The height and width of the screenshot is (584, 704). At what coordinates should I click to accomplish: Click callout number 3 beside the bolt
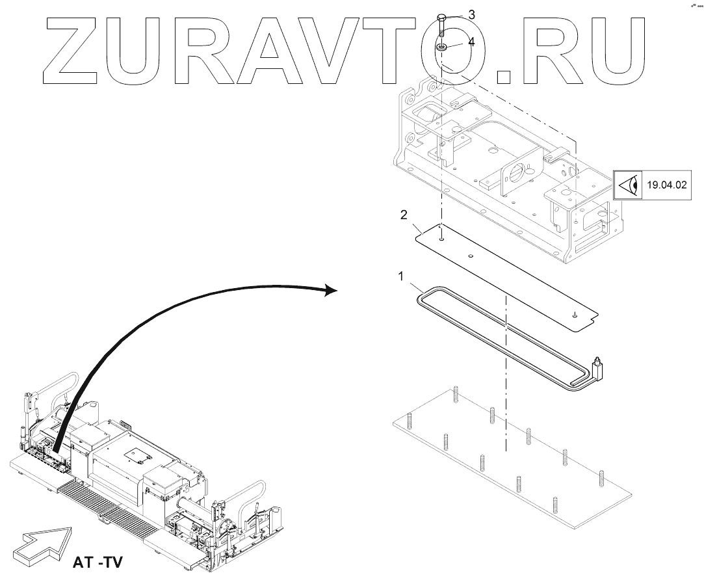point(472,14)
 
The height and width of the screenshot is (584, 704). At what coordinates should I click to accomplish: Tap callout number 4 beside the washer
point(472,42)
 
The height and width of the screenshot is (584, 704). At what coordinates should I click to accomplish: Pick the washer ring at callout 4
point(441,47)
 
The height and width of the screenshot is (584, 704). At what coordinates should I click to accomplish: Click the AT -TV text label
point(96,561)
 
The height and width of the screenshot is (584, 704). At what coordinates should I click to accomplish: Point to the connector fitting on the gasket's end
point(599,368)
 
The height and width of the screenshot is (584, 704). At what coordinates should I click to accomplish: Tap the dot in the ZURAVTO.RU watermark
point(503,77)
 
